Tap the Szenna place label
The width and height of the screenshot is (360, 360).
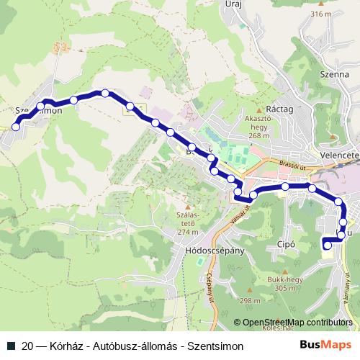[x=333, y=73]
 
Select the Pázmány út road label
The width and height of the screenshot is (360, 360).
[x=350, y=288]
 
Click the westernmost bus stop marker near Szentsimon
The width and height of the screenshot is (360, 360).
[x=16, y=127]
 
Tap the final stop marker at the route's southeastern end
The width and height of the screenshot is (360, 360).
[x=328, y=246]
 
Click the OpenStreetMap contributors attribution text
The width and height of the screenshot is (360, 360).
[x=297, y=323]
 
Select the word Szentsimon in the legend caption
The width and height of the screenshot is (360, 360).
[x=215, y=346]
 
